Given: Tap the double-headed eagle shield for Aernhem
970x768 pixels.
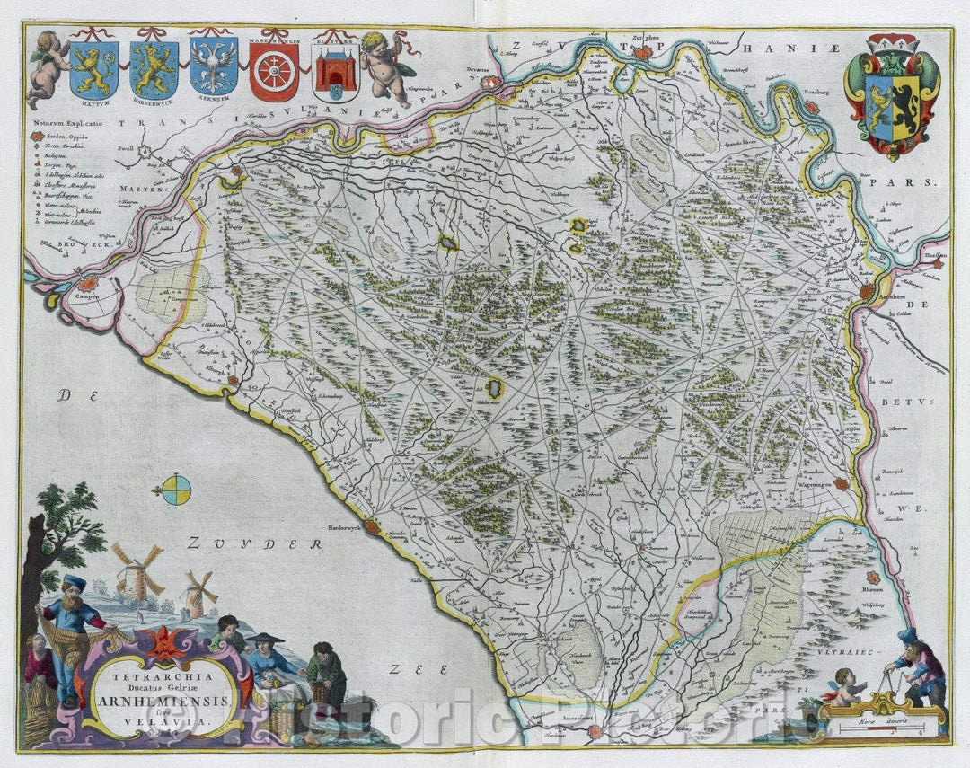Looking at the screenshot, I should [214, 67].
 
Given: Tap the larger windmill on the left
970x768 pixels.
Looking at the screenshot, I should [136, 572].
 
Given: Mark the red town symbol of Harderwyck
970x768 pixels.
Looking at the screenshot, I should [375, 527].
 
